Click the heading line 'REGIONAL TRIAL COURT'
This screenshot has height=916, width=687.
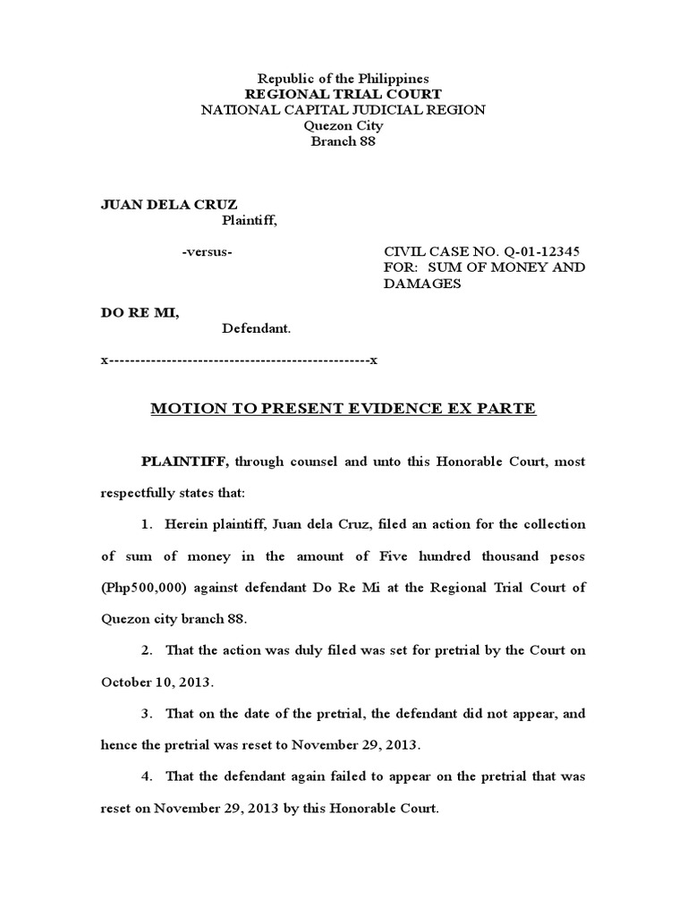click(x=343, y=94)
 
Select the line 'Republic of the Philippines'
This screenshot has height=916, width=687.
click(x=343, y=79)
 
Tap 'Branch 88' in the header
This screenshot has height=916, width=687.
click(x=343, y=141)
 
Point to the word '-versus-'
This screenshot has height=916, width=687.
click(x=207, y=252)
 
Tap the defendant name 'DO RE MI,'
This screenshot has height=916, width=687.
click(x=139, y=314)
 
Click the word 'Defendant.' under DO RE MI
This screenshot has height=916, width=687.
click(x=256, y=329)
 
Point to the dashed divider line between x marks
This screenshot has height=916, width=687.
click(x=239, y=360)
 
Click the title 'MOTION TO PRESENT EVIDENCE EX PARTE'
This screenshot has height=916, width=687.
click(x=343, y=409)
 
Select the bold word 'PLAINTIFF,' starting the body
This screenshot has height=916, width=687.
click(x=186, y=462)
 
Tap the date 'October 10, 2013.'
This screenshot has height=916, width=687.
click(x=156, y=682)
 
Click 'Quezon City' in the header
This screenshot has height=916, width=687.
click(x=343, y=125)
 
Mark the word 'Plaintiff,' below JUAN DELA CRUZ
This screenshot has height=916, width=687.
click(x=250, y=220)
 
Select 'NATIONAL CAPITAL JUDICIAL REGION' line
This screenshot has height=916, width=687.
click(x=343, y=110)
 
